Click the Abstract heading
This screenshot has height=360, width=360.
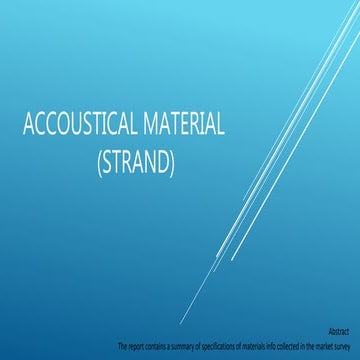(341, 329)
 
